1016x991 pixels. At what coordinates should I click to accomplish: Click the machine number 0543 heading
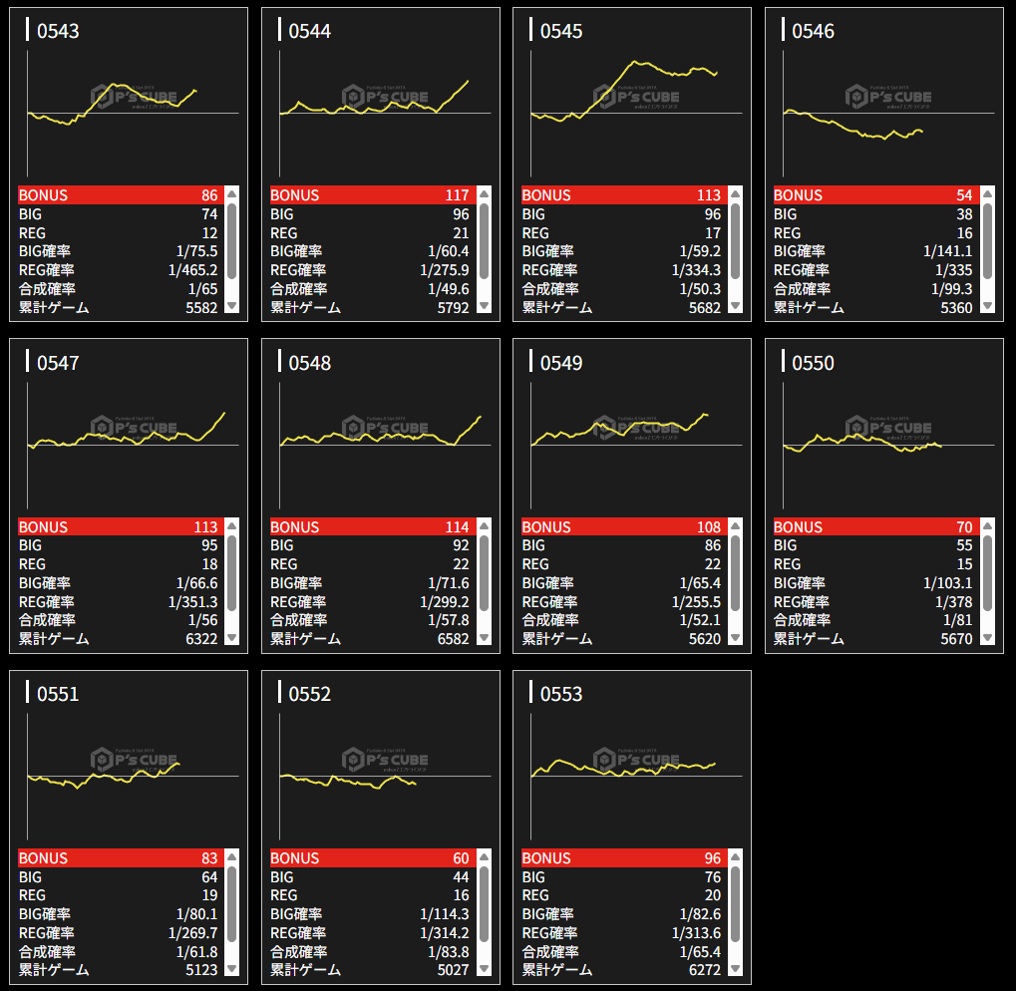click(58, 32)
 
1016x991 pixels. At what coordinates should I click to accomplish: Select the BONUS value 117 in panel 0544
click(457, 195)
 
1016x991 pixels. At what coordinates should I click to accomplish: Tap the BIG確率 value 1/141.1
click(947, 251)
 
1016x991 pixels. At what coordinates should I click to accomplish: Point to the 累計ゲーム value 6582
click(453, 639)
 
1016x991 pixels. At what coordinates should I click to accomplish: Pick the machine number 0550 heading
click(813, 364)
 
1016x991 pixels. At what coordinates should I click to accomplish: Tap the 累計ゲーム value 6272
click(704, 970)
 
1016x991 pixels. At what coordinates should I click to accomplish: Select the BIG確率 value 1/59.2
click(699, 251)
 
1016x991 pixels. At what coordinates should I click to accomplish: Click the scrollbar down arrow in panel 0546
click(987, 306)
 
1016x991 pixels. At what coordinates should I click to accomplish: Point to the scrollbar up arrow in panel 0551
click(231, 857)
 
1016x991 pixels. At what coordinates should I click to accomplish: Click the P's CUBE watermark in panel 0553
click(636, 761)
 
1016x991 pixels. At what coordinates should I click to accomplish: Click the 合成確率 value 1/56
click(201, 620)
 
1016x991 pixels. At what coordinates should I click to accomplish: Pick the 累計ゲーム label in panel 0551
click(54, 970)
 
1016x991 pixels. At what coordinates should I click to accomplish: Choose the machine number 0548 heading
click(309, 364)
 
